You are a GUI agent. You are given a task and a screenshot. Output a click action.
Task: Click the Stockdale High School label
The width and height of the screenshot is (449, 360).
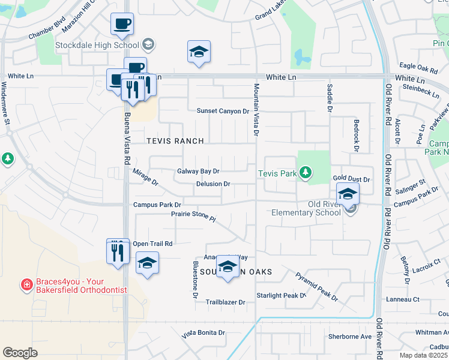click(x=97, y=45)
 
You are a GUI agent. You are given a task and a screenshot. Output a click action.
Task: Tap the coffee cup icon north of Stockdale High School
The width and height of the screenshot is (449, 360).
click(x=122, y=25)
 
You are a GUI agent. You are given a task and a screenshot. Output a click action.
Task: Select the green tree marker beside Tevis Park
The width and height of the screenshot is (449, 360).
click(x=306, y=173)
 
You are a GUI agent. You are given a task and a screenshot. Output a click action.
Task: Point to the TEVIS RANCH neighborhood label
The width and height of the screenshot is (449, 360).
click(x=175, y=141)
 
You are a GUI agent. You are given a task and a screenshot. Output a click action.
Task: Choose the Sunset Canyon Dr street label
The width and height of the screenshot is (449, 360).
click(x=223, y=111)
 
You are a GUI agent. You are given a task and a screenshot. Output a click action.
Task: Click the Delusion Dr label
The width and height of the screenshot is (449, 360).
click(x=213, y=184)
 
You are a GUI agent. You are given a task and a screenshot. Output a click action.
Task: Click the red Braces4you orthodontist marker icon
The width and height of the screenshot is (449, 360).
click(x=26, y=284)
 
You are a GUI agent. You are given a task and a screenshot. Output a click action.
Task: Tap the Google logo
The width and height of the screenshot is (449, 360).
click(x=20, y=352)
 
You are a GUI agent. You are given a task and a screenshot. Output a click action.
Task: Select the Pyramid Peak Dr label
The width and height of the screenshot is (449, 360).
click(x=317, y=287)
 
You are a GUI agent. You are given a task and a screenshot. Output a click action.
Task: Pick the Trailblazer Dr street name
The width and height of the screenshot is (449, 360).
click(x=225, y=302)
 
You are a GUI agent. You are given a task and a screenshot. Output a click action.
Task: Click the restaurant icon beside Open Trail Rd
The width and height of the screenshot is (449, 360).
click(x=118, y=251)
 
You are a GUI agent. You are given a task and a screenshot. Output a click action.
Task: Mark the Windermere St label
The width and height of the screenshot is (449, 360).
click(x=8, y=120)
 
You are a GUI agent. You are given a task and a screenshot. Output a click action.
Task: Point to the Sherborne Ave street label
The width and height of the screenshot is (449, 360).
click(x=350, y=336)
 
